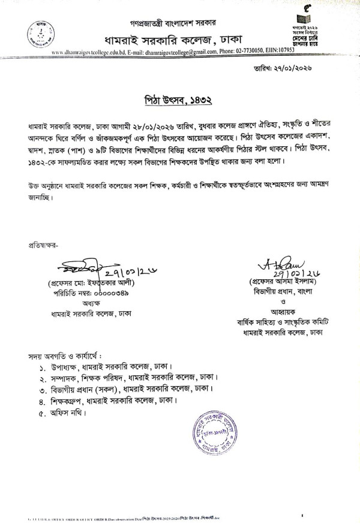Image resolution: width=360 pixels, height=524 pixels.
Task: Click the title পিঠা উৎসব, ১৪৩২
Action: pos(180,98)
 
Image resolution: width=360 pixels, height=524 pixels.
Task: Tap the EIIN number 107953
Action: pos(296,53)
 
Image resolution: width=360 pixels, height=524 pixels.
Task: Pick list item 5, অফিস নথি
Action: pos(66,413)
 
